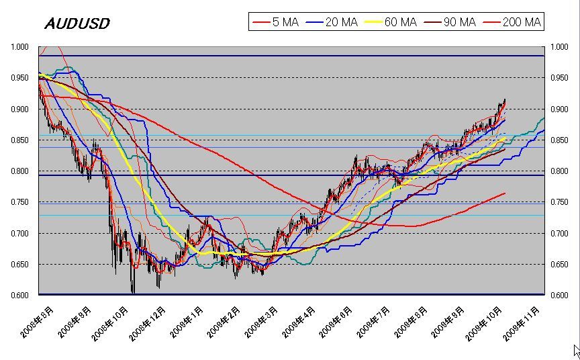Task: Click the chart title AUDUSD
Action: (77, 24)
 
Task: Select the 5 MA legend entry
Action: (276, 22)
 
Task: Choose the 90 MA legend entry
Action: (449, 22)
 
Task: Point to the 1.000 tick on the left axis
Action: (20, 47)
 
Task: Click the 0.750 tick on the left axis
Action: (20, 202)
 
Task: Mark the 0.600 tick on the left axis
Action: (20, 296)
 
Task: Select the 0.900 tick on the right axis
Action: (559, 109)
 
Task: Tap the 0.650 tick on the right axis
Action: (559, 265)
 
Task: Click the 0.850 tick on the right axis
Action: (559, 140)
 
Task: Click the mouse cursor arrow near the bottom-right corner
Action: (576, 350)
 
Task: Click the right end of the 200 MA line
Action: (505, 193)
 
